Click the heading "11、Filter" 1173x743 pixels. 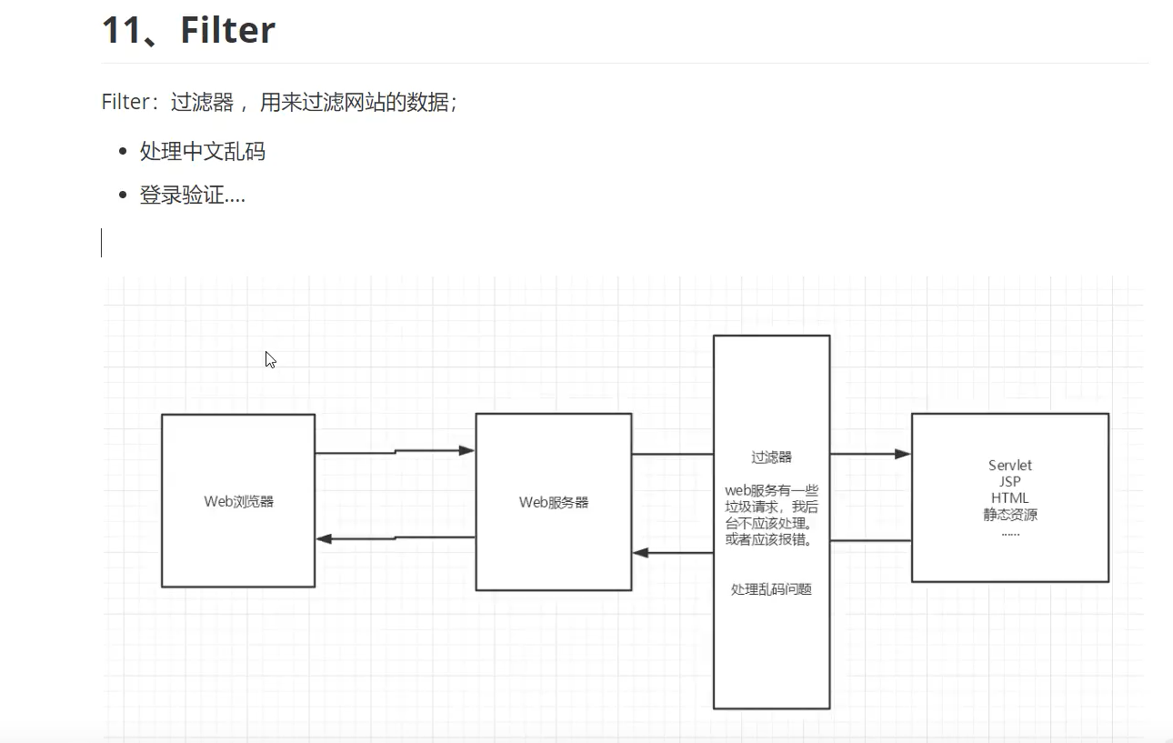coord(188,30)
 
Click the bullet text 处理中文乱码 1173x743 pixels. coord(202,151)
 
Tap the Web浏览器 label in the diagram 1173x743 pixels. coord(238,501)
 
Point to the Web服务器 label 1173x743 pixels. coord(554,502)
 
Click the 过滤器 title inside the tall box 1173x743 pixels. coord(771,457)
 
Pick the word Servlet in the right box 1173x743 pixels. coord(1010,466)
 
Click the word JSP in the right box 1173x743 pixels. coord(1010,482)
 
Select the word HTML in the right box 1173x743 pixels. coord(1010,498)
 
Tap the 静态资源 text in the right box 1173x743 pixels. coord(1010,515)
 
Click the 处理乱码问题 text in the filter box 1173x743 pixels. coord(771,589)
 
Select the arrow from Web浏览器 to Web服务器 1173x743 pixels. coord(395,451)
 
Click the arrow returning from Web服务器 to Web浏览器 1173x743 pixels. coord(395,538)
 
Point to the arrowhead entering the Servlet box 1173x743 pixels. coord(903,454)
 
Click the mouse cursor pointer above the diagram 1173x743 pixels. coord(270,359)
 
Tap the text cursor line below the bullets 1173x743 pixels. coord(101,243)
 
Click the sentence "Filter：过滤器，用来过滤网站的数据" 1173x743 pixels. coord(278,102)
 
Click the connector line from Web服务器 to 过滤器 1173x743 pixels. coord(672,454)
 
